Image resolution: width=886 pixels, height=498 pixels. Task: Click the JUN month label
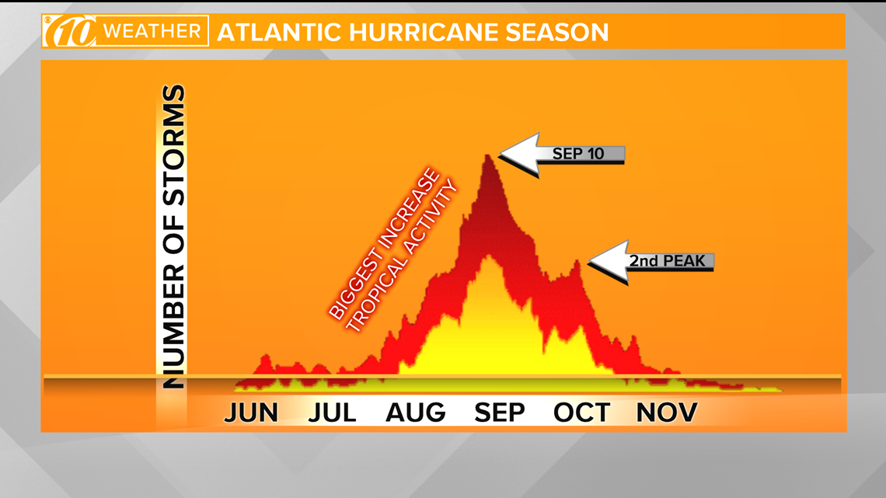pyautogui.click(x=252, y=413)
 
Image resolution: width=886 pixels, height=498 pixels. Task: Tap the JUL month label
pyautogui.click(x=333, y=413)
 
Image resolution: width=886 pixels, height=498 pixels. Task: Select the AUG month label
pyautogui.click(x=415, y=413)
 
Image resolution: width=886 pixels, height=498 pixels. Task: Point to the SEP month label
pyautogui.click(x=500, y=413)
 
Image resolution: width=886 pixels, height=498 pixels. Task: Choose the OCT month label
pyautogui.click(x=581, y=413)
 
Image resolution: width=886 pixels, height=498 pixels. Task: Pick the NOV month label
pyautogui.click(x=667, y=413)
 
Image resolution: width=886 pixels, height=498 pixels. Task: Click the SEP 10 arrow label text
pyautogui.click(x=578, y=154)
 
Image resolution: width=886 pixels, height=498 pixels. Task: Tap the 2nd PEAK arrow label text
pyautogui.click(x=668, y=261)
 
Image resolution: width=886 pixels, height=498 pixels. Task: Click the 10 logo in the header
pyautogui.click(x=70, y=31)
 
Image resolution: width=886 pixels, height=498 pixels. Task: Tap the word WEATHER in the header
pyautogui.click(x=152, y=31)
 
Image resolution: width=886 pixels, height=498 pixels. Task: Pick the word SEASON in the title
pyautogui.click(x=557, y=32)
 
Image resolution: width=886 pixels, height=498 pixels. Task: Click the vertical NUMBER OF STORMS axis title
pyautogui.click(x=173, y=237)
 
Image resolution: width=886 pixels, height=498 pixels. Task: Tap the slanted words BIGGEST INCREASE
pyautogui.click(x=384, y=244)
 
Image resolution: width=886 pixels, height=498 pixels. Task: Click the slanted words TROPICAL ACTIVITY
pyautogui.click(x=401, y=256)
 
